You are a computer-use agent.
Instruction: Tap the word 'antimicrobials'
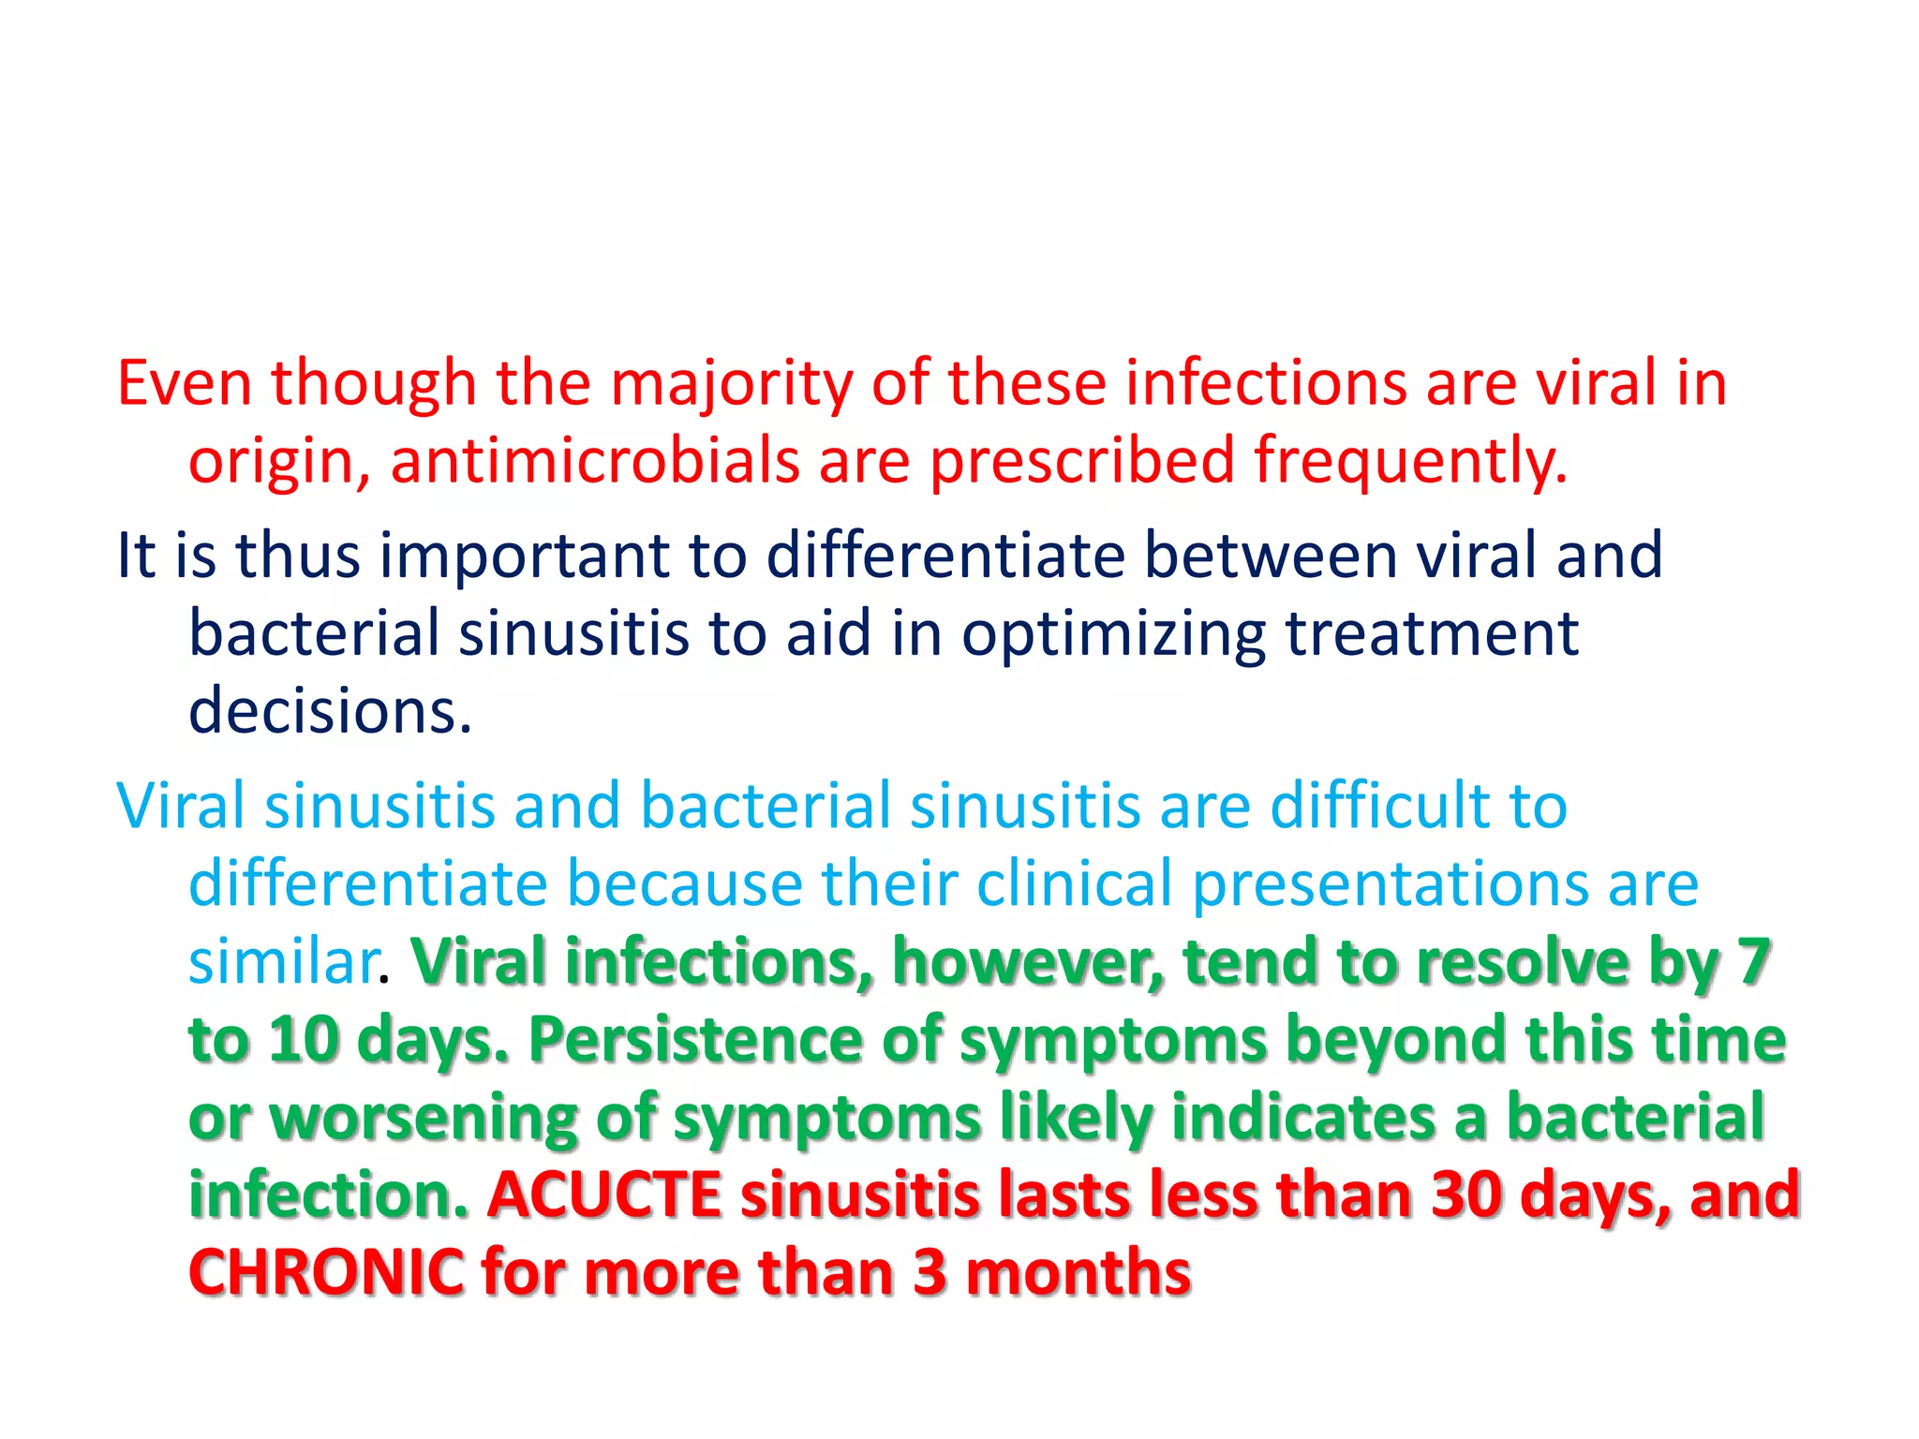coord(595,462)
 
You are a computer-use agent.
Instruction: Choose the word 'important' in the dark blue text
coord(525,556)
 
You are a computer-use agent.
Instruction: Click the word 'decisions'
coord(330,711)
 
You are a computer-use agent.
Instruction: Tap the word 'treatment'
coord(1432,633)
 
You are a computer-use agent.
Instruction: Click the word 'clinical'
coord(1074,883)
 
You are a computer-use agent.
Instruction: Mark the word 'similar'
coord(283,962)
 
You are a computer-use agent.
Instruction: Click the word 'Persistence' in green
coord(694,1040)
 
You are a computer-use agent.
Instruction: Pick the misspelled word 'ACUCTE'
coord(604,1195)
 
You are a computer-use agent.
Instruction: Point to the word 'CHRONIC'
coord(326,1273)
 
